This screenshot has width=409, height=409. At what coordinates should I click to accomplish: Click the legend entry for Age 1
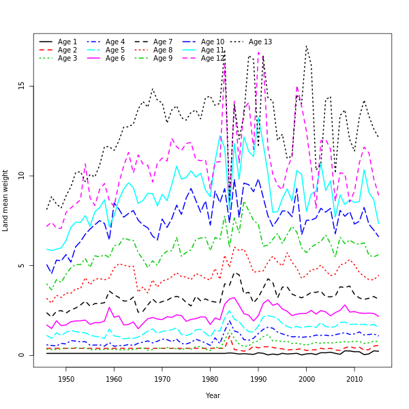pos(67,42)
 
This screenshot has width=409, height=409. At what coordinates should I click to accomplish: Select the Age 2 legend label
pos(67,50)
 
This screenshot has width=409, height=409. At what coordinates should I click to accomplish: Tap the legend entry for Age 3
pos(67,59)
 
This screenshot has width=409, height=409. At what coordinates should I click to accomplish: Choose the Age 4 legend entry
pos(115,42)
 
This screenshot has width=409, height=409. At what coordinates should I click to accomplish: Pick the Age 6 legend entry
pos(115,59)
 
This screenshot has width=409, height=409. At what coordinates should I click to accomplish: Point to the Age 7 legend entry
pos(163,42)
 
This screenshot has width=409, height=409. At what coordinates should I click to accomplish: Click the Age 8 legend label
pos(163,50)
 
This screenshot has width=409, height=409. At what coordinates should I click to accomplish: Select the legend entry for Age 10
pos(213,42)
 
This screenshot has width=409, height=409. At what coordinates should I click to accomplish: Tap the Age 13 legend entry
pos(260,42)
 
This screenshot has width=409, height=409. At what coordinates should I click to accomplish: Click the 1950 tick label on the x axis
pos(66,379)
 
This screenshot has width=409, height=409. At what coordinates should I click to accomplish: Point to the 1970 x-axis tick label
pos(162,379)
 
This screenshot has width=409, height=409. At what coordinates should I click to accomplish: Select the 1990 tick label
pos(258,379)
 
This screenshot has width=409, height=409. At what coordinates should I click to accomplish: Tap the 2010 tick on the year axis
pos(354,379)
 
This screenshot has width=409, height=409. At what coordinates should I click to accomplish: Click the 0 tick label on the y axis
pos(21,355)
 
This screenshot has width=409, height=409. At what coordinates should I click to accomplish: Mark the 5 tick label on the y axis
pos(21,265)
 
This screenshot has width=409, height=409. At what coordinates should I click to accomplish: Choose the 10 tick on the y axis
pos(21,175)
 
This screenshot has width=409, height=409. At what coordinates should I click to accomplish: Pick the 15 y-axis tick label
pos(21,85)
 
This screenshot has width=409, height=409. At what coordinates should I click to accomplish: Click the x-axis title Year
pos(213,395)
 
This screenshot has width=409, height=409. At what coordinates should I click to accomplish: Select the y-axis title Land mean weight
pos(6,200)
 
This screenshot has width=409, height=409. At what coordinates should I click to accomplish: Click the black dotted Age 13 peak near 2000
pos(307,46)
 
